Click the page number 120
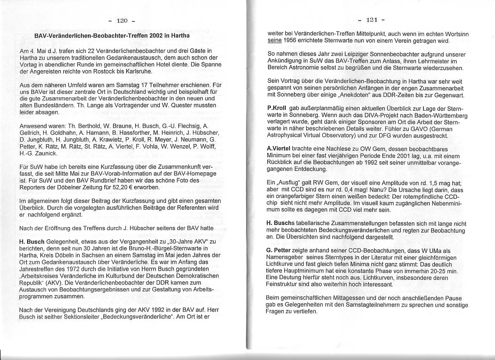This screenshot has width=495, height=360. point(122,20)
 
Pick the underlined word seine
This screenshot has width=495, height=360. point(275,41)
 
